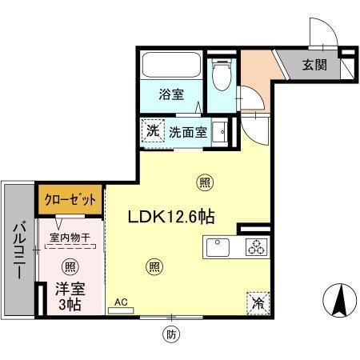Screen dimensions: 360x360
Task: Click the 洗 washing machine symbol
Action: [x=153, y=130]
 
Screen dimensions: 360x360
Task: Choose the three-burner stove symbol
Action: [x=255, y=247]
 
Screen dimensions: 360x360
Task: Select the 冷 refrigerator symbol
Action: [x=258, y=302]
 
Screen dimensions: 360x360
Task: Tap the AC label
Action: [x=122, y=302]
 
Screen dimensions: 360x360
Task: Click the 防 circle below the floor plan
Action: [x=171, y=334]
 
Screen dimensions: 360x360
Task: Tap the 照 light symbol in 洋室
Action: [x=70, y=266]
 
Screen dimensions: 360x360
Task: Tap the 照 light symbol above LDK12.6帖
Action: [x=206, y=182]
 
